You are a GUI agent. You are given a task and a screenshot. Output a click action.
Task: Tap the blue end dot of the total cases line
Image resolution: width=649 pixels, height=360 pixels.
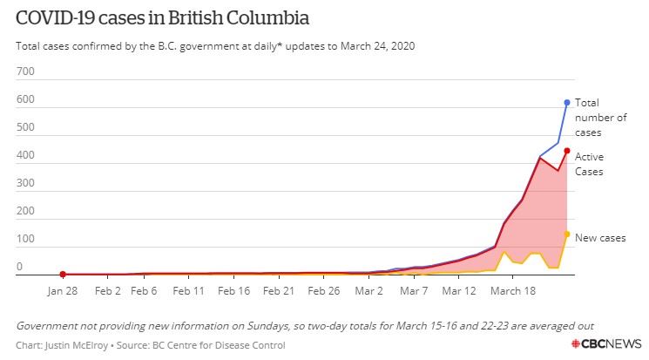pyautogui.click(x=567, y=102)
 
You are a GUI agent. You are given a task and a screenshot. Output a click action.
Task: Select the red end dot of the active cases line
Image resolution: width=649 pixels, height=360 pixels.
pyautogui.click(x=567, y=151)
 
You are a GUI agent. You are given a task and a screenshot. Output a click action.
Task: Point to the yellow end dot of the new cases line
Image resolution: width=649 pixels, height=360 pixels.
pyautogui.click(x=567, y=234)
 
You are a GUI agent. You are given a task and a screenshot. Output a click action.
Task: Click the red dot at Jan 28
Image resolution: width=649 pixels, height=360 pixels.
pyautogui.click(x=63, y=275)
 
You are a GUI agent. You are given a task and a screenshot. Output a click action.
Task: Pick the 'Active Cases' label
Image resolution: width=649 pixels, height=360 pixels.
pyautogui.click(x=590, y=164)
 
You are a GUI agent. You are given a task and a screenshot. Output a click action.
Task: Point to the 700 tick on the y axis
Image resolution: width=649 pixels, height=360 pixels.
pyautogui.click(x=24, y=72)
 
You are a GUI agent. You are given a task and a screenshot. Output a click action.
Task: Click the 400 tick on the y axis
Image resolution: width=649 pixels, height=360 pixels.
pyautogui.click(x=24, y=156)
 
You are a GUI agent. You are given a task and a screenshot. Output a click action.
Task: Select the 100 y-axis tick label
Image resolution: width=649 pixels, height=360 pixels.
pyautogui.click(x=24, y=239)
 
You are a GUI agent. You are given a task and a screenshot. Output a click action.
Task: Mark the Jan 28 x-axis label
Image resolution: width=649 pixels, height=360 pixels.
pyautogui.click(x=64, y=290)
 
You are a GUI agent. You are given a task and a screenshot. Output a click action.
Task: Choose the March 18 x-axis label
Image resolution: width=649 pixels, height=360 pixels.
pyautogui.click(x=513, y=290)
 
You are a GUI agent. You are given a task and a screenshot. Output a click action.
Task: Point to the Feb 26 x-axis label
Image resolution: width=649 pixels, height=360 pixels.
pyautogui.click(x=324, y=290)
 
